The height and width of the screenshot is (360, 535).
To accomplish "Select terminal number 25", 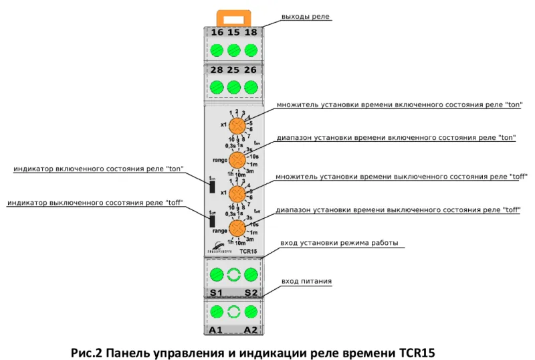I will coord(234,70).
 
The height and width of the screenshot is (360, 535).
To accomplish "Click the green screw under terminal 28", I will coord(217,87).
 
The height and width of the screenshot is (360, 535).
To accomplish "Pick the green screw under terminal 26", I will coord(251,87).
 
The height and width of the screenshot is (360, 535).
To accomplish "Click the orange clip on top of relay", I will coord(234,15).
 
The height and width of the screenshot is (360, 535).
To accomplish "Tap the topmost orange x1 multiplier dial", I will coord(237,126).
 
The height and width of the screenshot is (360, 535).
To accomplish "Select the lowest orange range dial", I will coord(237,228).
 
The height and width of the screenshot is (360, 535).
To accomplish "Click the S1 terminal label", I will coord(217,293).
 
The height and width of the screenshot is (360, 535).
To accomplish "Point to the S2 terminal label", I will coord(251,293).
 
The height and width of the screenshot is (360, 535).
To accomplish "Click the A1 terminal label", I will coord(217,330).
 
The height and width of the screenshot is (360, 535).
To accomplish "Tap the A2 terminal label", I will coord(251,330).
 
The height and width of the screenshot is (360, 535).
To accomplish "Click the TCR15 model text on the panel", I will coord(247,251).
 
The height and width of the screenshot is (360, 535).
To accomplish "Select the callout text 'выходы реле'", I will coord(306,16).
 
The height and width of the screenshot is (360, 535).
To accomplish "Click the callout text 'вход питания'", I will coord(306,281).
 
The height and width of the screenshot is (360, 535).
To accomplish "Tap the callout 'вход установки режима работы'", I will coord(340,242).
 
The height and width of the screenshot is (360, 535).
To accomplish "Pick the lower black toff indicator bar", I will coord(211,221).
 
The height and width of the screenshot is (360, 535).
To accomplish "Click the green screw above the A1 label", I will coord(217,311).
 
